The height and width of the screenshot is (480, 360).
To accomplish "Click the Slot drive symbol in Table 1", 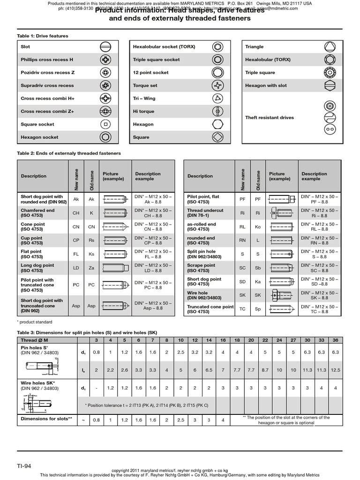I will [105, 47].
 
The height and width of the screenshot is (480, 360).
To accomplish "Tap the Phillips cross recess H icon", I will [105, 60].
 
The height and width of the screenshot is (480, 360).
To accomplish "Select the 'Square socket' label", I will [37, 124].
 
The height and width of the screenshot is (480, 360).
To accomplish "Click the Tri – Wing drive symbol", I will [218, 98].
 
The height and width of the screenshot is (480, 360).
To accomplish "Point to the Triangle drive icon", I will [330, 47].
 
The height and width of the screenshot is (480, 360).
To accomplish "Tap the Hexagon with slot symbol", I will [330, 86].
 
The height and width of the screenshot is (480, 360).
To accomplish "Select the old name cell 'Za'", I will [91, 268].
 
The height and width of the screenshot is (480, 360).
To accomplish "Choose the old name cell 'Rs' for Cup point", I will [91, 241].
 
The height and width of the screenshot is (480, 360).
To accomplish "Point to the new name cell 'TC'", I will [242, 309].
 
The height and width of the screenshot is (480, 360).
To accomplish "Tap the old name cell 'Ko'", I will [257, 227].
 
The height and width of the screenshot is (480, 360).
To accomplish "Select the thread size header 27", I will [293, 339].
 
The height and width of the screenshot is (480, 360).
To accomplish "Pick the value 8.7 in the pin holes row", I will [265, 370].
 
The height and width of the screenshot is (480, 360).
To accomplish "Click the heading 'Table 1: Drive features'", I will [42, 36].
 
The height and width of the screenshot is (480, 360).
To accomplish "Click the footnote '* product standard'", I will [35, 322].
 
